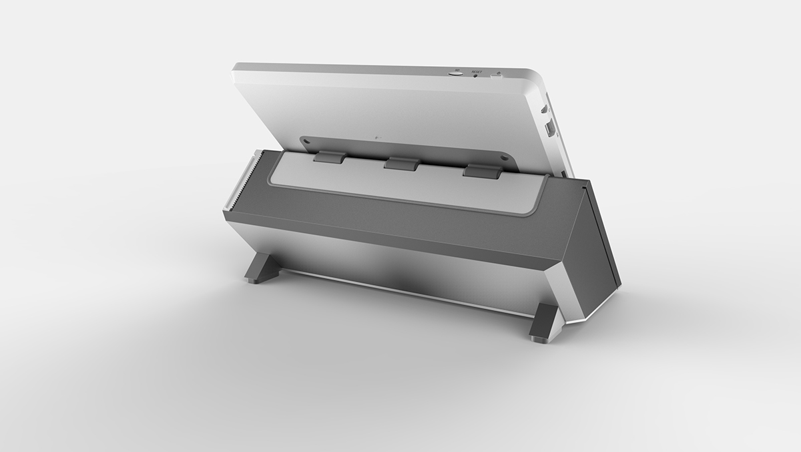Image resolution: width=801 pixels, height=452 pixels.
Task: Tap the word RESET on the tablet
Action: pos(476,71)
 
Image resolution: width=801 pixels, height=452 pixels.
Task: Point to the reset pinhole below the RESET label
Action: pos(476,75)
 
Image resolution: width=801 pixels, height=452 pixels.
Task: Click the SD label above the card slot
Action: pos(457,69)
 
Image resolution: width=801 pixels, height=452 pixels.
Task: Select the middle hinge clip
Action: pos(399,163)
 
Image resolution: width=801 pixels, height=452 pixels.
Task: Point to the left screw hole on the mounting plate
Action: pos(307,142)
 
